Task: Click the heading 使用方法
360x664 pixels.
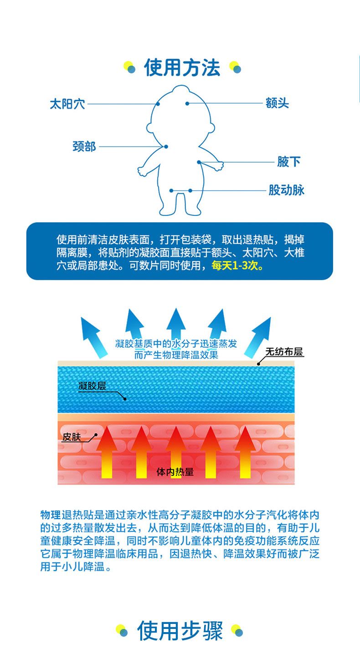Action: [182, 68]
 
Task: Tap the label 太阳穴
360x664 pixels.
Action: [67, 104]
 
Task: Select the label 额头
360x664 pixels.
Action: [278, 103]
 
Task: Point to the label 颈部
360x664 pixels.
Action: [84, 147]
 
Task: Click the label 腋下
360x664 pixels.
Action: [289, 162]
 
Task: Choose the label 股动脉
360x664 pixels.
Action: [286, 190]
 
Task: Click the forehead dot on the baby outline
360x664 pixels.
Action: [187, 103]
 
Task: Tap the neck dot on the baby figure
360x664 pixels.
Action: [166, 147]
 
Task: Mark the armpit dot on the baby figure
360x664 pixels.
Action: [199, 162]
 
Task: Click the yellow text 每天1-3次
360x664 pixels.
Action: [237, 266]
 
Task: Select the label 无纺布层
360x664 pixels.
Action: [284, 352]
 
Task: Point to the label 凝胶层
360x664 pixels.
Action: [92, 387]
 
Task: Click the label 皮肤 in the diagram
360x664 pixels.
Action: [72, 437]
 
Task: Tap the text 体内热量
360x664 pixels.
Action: [175, 472]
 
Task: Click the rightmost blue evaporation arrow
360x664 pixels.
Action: [258, 336]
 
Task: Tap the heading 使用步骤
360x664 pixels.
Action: [180, 631]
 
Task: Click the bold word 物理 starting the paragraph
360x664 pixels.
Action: [50, 516]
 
